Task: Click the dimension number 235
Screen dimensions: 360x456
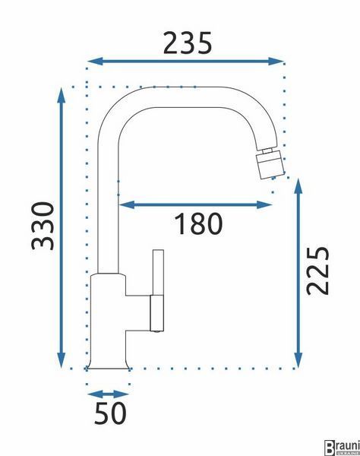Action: [x=188, y=43]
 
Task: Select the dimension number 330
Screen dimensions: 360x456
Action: [x=43, y=226]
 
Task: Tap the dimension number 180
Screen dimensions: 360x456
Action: [x=198, y=223]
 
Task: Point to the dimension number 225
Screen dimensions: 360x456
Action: [x=318, y=271]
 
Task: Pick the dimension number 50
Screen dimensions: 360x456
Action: [x=110, y=413]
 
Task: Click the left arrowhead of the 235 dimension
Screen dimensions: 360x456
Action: [x=95, y=61]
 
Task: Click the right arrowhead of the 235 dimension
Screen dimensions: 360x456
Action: [x=276, y=61]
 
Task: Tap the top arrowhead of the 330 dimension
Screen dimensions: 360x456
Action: [x=61, y=95]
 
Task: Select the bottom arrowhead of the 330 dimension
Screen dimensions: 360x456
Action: [x=61, y=360]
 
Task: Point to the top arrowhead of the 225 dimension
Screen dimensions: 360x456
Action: [x=298, y=186]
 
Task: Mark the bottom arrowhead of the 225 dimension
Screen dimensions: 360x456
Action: [x=298, y=360]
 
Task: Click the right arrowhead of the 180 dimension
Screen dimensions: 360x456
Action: [x=264, y=204]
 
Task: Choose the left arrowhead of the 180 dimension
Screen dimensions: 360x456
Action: [x=127, y=204]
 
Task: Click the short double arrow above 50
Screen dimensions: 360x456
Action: [x=108, y=394]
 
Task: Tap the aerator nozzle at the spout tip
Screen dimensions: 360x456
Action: [x=270, y=164]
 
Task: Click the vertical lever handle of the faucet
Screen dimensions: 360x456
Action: [x=158, y=290]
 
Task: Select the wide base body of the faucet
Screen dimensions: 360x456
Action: [x=108, y=321]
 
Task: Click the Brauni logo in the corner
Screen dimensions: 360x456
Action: [x=342, y=448]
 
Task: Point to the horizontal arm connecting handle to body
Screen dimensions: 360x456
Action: [x=138, y=313]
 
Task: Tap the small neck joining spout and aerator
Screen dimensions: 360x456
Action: [x=267, y=151]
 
